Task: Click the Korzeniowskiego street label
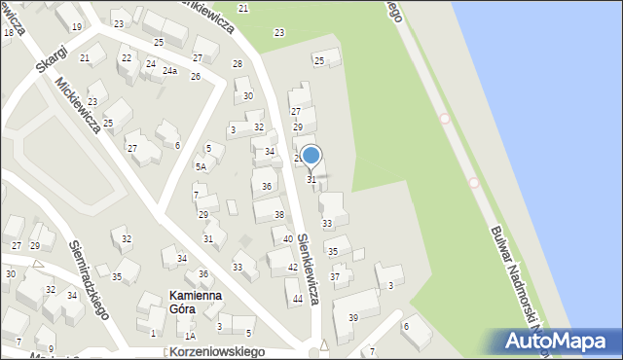pyautogui.click(x=216, y=350)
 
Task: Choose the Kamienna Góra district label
pyautogui.click(x=195, y=302)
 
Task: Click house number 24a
pyautogui.click(x=169, y=71)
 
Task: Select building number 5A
pyautogui.click(x=201, y=167)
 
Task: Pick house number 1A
pyautogui.click(x=190, y=336)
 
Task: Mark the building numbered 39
pyautogui.click(x=352, y=318)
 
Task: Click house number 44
pyautogui.click(x=297, y=299)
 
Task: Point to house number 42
pyautogui.click(x=293, y=267)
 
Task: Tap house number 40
pyautogui.click(x=288, y=239)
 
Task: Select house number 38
pyautogui.click(x=278, y=214)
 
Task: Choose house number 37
pyautogui.click(x=335, y=277)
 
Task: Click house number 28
pyautogui.click(x=237, y=64)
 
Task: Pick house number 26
pyautogui.click(x=195, y=76)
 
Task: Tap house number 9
pyautogui.click(x=51, y=348)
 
